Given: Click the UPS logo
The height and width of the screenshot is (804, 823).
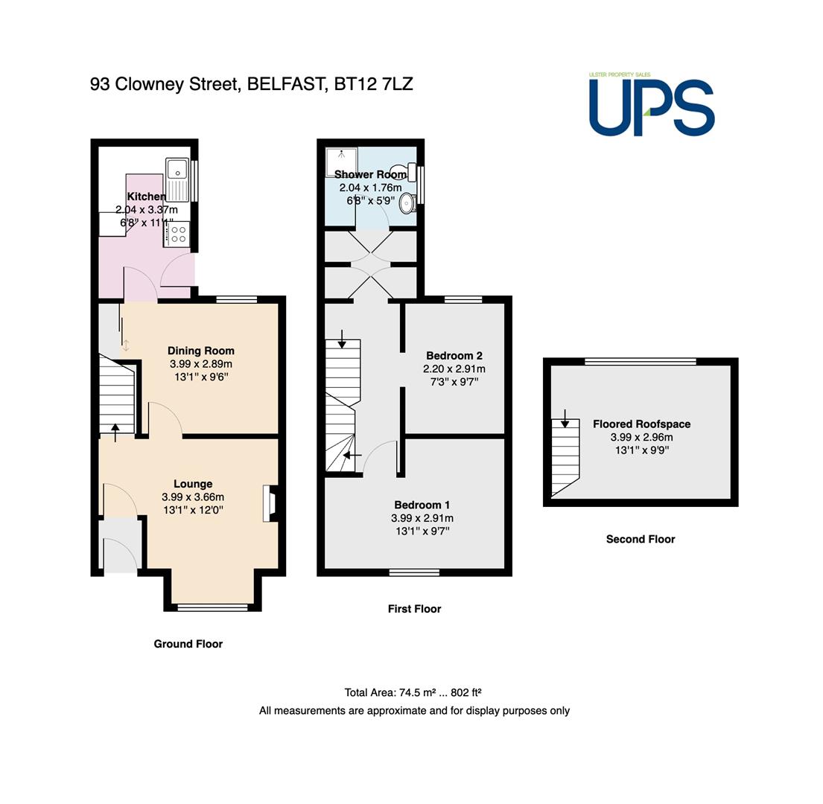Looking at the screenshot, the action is (x=652, y=104).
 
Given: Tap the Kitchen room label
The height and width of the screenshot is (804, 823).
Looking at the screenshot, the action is (x=147, y=197).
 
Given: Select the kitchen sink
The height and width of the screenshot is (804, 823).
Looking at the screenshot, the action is (x=177, y=179).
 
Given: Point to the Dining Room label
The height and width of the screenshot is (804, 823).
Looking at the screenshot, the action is (x=201, y=351).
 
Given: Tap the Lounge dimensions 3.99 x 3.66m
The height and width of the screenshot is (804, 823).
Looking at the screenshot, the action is (x=193, y=497).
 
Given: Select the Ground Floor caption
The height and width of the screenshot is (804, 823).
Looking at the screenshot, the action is (x=188, y=644).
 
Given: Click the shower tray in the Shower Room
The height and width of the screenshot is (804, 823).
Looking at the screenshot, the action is (x=341, y=162).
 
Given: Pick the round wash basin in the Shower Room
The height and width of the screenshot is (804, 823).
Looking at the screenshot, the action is (x=408, y=203).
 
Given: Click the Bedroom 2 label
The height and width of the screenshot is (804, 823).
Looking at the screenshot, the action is (x=454, y=356).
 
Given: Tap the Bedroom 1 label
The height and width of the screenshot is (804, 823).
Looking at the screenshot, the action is (x=422, y=505).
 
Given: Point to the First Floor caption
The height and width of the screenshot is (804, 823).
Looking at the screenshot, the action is (x=415, y=609).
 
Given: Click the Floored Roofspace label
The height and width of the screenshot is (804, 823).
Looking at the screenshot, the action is (x=642, y=424).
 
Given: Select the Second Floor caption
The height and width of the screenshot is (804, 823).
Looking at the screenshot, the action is (x=641, y=539).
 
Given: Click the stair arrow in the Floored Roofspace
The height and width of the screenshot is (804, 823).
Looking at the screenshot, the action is (x=565, y=418).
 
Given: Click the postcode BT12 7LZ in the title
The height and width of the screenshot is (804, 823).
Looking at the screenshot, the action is (x=373, y=84).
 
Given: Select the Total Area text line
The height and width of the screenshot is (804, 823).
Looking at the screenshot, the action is (x=413, y=692).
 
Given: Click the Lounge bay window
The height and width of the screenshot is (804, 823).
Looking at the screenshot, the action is (x=212, y=607).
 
